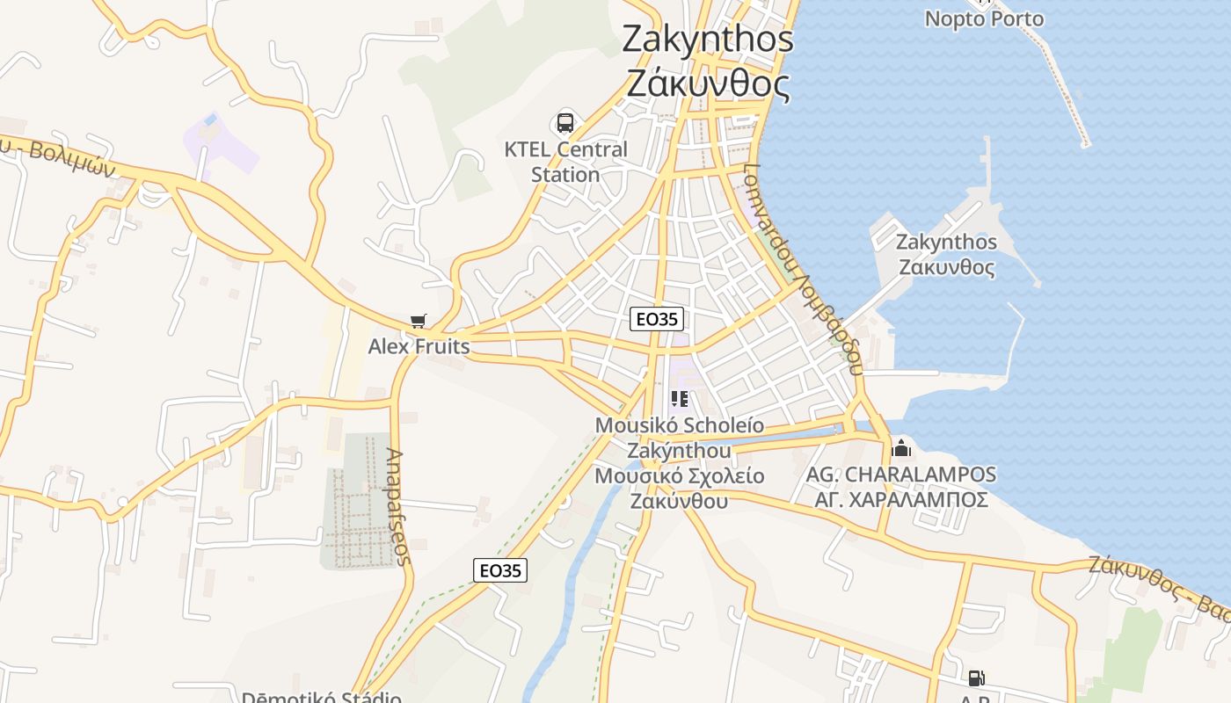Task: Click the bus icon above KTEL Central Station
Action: coord(565,123)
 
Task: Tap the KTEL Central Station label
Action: coord(565,162)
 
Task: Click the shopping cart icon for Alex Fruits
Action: coord(419,322)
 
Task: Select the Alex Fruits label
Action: coord(419,346)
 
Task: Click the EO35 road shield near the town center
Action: coord(656,319)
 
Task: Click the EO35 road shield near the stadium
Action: coord(500,570)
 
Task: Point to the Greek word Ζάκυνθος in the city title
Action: coord(708,84)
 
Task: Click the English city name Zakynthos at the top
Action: coord(708,39)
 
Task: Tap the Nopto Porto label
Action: coord(984,18)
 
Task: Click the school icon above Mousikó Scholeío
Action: coord(679,400)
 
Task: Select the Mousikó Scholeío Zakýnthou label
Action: coord(679,438)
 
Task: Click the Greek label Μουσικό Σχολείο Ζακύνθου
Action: coord(679,489)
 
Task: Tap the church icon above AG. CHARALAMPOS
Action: coord(901,448)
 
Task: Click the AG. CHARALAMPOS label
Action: coord(901,475)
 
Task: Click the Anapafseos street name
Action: coord(397,507)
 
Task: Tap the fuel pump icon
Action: coord(976,678)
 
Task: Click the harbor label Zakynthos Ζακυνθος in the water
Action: coord(946,254)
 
